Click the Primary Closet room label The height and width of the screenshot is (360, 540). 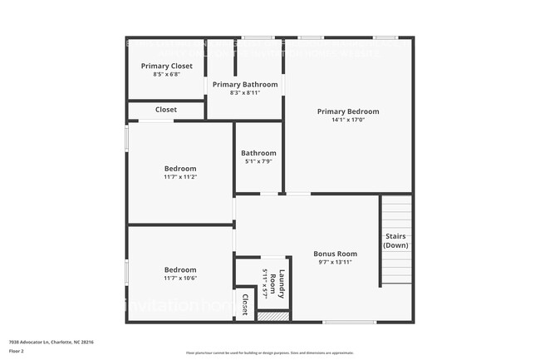pyautogui.click(x=166, y=66)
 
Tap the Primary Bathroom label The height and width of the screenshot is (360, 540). pyautogui.click(x=244, y=84)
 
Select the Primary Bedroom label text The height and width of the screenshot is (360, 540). pyautogui.click(x=348, y=111)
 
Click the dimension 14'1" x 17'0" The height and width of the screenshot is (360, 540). pyautogui.click(x=348, y=120)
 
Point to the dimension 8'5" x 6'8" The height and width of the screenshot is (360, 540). pyautogui.click(x=166, y=74)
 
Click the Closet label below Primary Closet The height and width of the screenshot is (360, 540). pyautogui.click(x=166, y=109)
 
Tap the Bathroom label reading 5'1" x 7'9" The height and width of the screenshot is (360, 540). pyautogui.click(x=258, y=153)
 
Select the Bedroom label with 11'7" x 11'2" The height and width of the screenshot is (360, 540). pyautogui.click(x=180, y=168)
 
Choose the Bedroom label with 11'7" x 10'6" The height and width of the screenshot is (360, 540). pyautogui.click(x=180, y=269)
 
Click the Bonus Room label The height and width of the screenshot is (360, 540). pyautogui.click(x=335, y=254)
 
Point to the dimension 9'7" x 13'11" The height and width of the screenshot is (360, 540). pyautogui.click(x=335, y=262)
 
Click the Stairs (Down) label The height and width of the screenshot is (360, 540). pyautogui.click(x=395, y=241)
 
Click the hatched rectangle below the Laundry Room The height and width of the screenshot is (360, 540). pyautogui.click(x=272, y=316)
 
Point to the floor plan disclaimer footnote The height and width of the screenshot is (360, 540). pyautogui.click(x=269, y=353)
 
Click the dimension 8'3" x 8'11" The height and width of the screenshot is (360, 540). pyautogui.click(x=244, y=93)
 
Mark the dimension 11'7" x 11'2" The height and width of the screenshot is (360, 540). pyautogui.click(x=180, y=176)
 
